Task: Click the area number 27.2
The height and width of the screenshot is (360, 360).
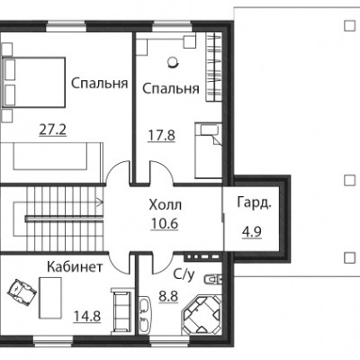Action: [53, 130]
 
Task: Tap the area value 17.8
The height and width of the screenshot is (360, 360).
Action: [161, 135]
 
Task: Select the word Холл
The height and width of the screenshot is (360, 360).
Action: [166, 205]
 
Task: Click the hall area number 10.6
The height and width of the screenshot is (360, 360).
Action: [165, 223]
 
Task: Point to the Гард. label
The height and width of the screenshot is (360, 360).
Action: [255, 202]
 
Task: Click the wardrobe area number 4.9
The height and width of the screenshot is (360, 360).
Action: [252, 231]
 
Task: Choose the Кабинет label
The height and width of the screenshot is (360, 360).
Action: [75, 266]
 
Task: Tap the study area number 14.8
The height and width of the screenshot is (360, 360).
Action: [87, 317]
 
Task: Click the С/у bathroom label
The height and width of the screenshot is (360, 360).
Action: [184, 274]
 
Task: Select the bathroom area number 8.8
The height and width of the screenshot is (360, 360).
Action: [168, 296]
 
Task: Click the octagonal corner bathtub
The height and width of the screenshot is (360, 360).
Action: [202, 314]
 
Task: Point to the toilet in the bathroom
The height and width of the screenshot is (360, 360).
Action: [212, 279]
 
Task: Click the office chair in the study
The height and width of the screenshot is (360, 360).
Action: [22, 289]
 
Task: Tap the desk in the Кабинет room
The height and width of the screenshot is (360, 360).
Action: [50, 298]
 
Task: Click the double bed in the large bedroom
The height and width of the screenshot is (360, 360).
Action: [33, 82]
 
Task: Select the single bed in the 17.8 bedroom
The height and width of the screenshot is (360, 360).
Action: [208, 150]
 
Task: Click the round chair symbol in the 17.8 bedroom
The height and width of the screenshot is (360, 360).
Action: [173, 62]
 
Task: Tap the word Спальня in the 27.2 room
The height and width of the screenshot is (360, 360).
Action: [100, 84]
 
